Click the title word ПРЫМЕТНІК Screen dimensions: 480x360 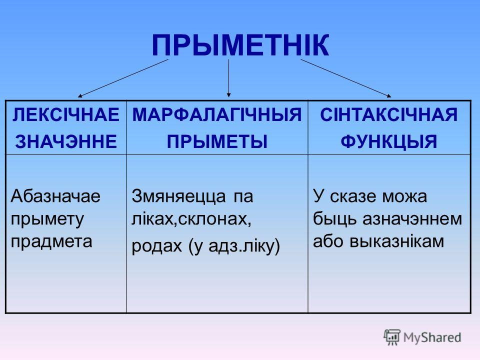click(240, 45)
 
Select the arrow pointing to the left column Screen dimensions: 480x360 click(123, 78)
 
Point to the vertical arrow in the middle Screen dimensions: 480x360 click(228, 78)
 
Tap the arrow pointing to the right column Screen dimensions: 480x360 click(346, 78)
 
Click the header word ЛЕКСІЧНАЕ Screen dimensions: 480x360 click(66, 115)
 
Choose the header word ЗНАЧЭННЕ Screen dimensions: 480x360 click(66, 141)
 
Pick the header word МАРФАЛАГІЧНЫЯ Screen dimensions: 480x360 click(217, 115)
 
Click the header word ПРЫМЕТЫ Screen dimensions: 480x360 click(217, 141)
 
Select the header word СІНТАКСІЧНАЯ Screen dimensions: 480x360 click(389, 115)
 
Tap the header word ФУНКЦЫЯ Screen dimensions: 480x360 click(389, 141)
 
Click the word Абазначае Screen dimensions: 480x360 click(55, 196)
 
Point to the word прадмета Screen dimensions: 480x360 click(51, 241)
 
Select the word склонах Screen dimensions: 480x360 click(214, 219)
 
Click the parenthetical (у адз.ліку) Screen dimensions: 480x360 click(233, 245)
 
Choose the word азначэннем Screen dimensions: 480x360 click(412, 219)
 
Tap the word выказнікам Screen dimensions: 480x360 click(396, 241)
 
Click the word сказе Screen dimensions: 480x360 click(353, 196)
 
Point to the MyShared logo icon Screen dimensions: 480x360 click(392, 337)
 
